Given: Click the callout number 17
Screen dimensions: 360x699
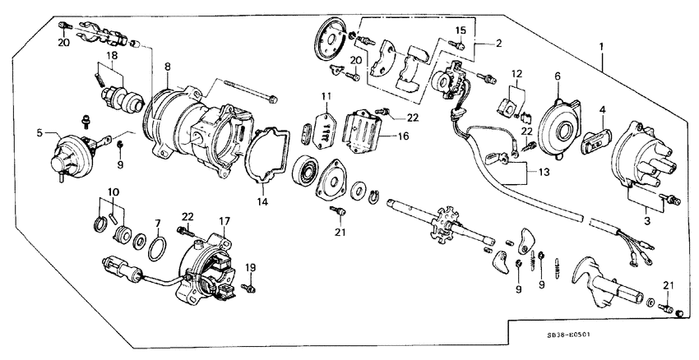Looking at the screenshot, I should (x=225, y=220).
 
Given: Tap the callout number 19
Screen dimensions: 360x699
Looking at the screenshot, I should (x=252, y=267).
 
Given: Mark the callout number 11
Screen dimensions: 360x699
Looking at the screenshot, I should (x=327, y=96).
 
